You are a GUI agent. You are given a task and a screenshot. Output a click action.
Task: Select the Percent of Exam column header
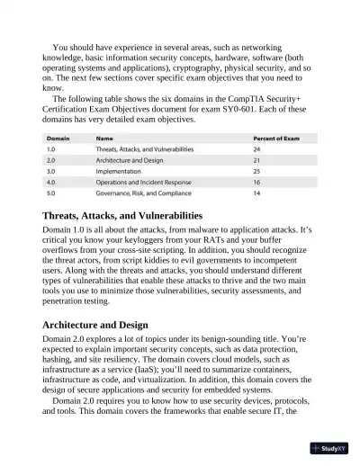[x=281, y=138]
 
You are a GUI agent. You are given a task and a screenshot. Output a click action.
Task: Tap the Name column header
[x=105, y=138]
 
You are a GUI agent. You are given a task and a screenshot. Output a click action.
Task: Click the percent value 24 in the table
[x=257, y=148]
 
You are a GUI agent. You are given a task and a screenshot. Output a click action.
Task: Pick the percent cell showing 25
[x=257, y=170]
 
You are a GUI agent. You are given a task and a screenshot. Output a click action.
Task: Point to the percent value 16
[x=257, y=181]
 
